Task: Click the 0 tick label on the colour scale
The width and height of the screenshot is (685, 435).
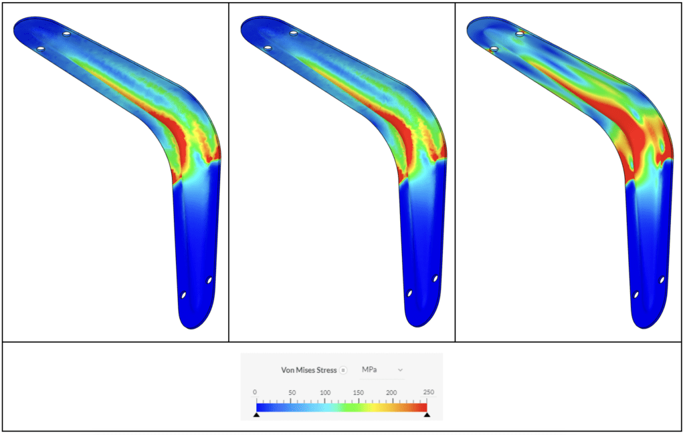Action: click(x=255, y=392)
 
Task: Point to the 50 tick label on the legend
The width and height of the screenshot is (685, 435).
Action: click(x=292, y=392)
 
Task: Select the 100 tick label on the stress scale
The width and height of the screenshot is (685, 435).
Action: click(x=324, y=392)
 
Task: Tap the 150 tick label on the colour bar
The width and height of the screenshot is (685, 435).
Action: click(x=359, y=392)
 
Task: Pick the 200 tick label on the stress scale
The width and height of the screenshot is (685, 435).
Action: click(x=392, y=392)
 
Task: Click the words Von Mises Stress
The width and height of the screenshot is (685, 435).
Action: click(x=308, y=370)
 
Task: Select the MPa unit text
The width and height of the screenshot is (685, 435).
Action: click(x=369, y=370)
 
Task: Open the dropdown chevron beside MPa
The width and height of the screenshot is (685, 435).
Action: click(x=400, y=370)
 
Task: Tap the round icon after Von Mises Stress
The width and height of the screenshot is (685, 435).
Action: click(x=342, y=370)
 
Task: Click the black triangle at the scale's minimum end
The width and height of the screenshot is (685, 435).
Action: click(x=256, y=415)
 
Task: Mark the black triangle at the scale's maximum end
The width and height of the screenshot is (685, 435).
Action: click(x=427, y=415)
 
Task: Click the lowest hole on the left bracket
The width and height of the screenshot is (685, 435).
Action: click(x=184, y=295)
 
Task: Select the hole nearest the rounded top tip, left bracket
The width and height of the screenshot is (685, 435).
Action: click(x=41, y=49)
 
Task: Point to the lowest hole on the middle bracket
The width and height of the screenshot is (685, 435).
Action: click(x=410, y=293)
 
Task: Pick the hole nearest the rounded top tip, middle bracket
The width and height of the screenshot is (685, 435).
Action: click(x=268, y=48)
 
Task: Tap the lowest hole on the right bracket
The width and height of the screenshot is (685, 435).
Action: click(x=636, y=295)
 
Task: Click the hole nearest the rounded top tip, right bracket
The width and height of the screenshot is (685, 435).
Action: click(x=494, y=49)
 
